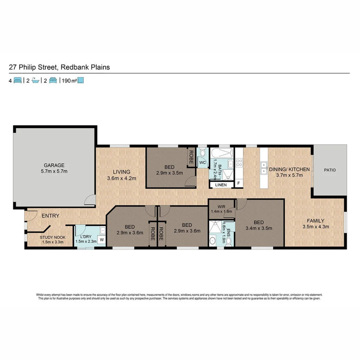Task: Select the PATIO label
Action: point(330,170)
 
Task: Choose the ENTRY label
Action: point(50,216)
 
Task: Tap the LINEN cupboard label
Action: point(221,185)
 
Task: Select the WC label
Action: point(202,163)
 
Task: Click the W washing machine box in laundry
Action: point(101,240)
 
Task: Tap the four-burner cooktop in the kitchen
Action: point(239,163)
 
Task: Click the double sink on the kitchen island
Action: point(264,168)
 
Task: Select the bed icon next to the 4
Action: point(18,80)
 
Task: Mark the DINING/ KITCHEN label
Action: point(289,169)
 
